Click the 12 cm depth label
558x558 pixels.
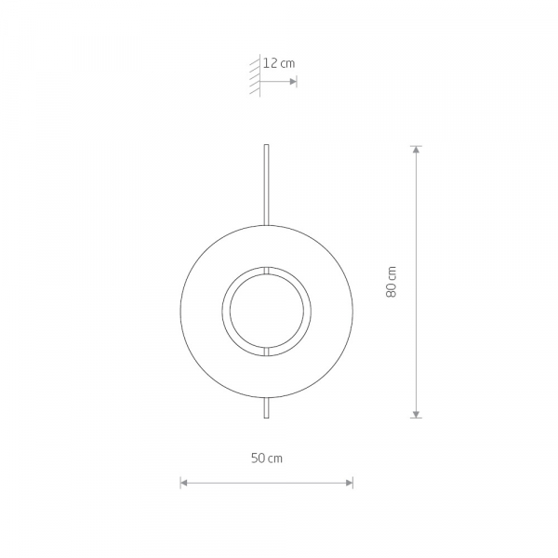coord(279,63)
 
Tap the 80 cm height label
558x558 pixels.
coord(392,282)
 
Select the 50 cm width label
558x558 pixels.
coord(267,458)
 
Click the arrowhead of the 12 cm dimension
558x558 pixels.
coord(293,82)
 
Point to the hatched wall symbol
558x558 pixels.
coord(255,76)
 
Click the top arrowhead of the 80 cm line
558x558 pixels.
coord(416,150)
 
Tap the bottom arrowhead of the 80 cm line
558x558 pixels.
coord(416,414)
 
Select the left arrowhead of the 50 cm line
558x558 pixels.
coord(183,483)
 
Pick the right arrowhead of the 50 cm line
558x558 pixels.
coord(350,483)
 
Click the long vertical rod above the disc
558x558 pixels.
coord(266,185)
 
